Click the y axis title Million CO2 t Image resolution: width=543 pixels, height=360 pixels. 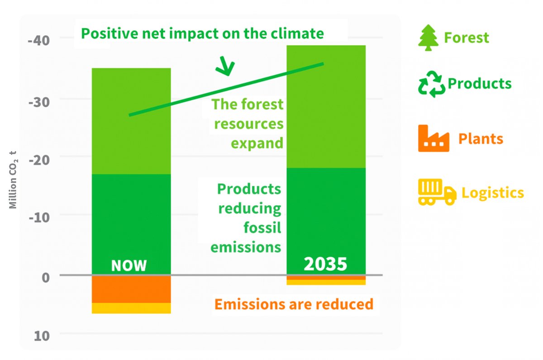click(14, 180)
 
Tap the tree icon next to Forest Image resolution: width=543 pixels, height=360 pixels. click(428, 37)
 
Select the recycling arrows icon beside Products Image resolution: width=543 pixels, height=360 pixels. click(431, 84)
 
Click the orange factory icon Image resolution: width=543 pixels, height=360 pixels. click(433, 138)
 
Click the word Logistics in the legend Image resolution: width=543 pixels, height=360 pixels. click(492, 193)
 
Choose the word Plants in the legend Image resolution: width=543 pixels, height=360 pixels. click(481, 138)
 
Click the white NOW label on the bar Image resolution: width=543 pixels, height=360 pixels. click(129, 265)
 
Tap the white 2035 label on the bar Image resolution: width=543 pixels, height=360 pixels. click(325, 264)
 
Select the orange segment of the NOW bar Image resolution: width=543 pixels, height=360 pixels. click(131, 289)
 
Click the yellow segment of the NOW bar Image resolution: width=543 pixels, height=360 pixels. click(131, 308)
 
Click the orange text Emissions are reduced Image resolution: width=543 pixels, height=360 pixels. click(294, 304)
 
